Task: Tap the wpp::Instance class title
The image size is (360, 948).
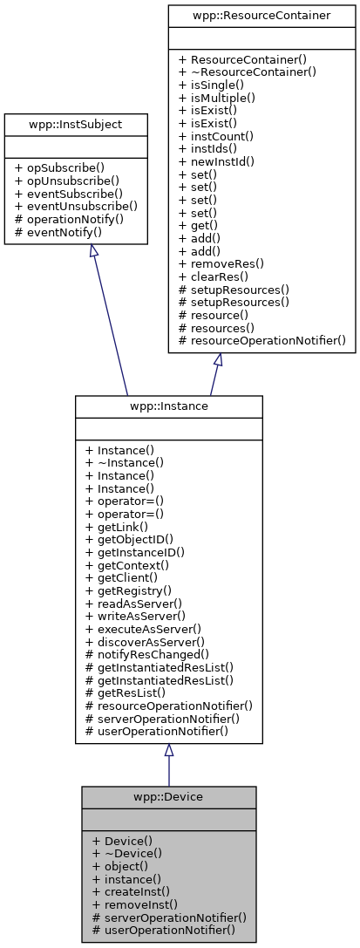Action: pos(168,407)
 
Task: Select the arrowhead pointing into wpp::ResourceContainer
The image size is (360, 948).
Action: pos(218,359)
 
